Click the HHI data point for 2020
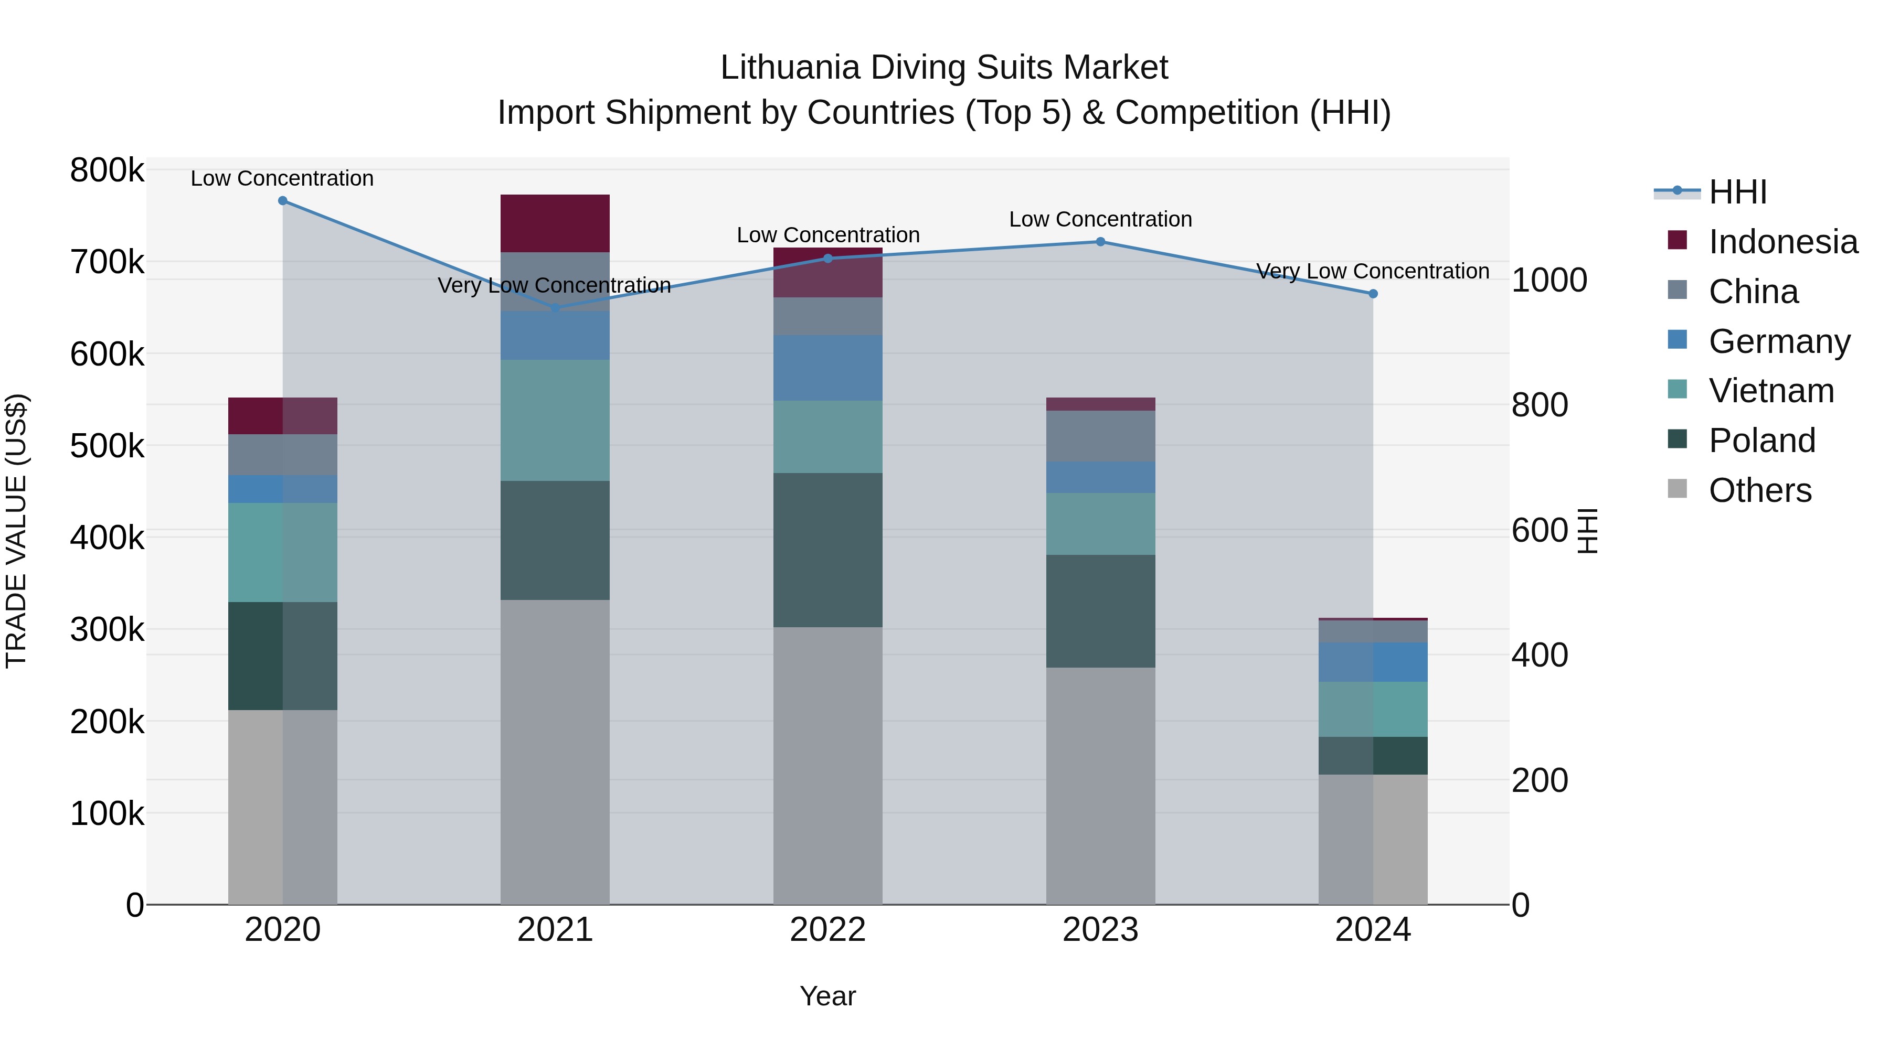pos(282,201)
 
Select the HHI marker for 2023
pos(1100,242)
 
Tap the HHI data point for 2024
pos(1373,294)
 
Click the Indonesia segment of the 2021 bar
pos(555,223)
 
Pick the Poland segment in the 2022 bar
pos(828,550)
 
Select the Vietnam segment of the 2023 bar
pos(1100,523)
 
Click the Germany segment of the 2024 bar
pos(1373,662)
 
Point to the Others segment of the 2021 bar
pos(555,751)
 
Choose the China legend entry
pos(1753,292)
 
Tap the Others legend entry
pos(1759,490)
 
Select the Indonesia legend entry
pos(1782,242)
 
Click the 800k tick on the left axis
pos(107,171)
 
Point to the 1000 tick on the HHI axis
pos(1550,280)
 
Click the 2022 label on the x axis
pos(828,930)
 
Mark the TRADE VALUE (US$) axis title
pos(16,531)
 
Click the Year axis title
pos(828,996)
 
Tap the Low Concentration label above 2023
pos(1100,219)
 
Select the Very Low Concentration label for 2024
pos(1373,271)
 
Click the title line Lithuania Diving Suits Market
pos(944,68)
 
